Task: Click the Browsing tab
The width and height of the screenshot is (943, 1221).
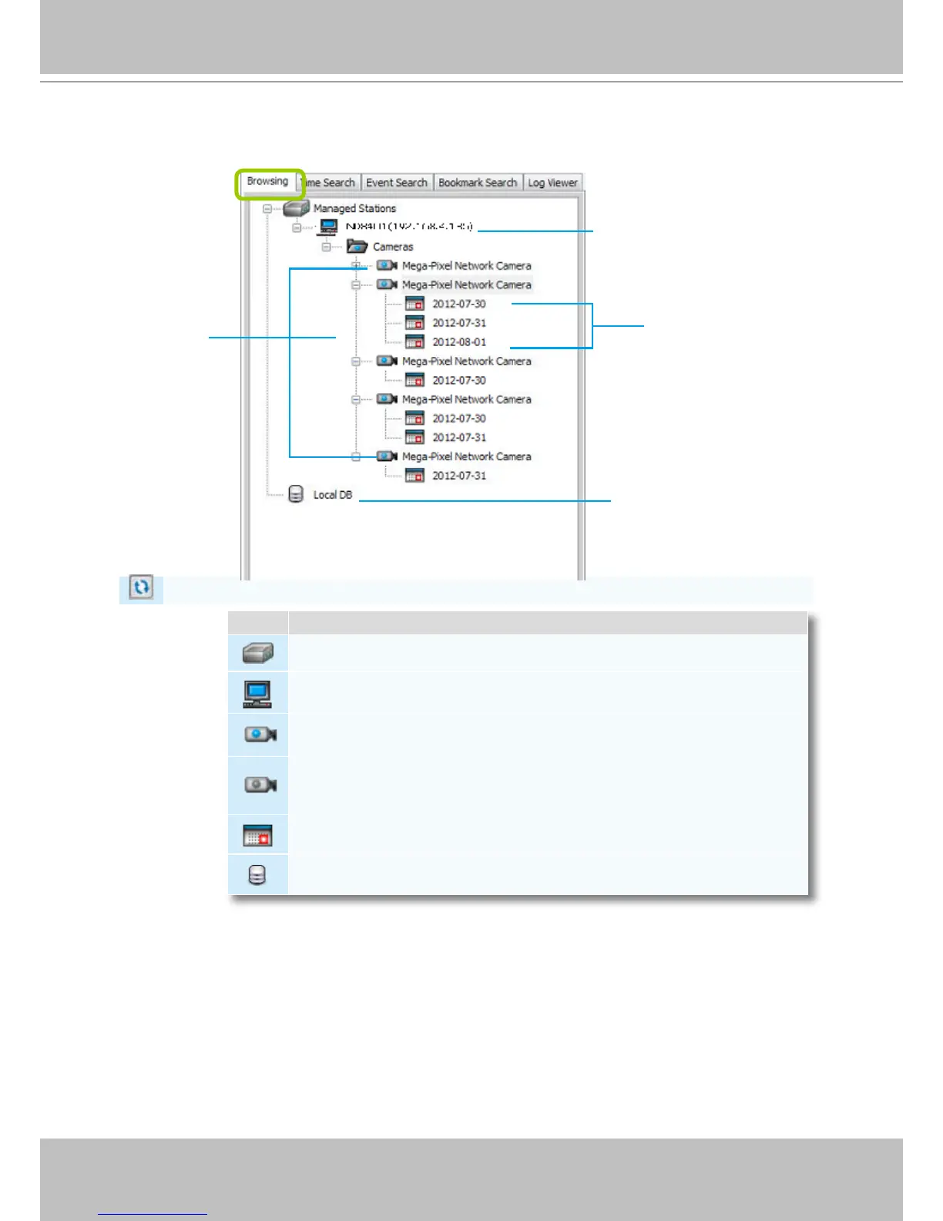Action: click(x=268, y=182)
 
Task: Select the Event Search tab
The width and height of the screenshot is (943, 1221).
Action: click(x=396, y=183)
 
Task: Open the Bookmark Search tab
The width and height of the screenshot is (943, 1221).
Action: click(x=478, y=183)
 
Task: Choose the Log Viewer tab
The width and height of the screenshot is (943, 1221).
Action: click(x=552, y=183)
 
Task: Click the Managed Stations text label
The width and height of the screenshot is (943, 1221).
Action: click(x=354, y=208)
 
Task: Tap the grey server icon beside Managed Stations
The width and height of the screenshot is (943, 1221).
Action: click(x=297, y=208)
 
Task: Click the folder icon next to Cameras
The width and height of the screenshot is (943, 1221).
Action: click(x=357, y=247)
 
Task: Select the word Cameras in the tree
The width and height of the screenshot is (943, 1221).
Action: click(x=393, y=247)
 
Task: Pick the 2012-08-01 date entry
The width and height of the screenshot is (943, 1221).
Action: click(x=459, y=342)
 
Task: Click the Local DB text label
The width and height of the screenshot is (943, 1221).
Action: click(x=333, y=495)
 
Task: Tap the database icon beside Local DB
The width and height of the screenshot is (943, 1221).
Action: click(x=296, y=495)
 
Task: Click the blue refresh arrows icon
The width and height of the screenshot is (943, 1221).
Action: click(x=141, y=587)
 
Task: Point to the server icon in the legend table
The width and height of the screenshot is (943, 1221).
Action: click(x=258, y=654)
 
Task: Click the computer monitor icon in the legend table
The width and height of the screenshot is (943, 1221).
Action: click(x=257, y=694)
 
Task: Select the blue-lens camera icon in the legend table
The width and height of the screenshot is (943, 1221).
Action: click(x=260, y=735)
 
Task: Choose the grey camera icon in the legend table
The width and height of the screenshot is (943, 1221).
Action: click(x=260, y=785)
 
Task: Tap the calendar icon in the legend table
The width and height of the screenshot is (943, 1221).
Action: click(x=258, y=836)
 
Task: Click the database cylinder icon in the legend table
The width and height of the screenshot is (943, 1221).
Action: click(x=257, y=875)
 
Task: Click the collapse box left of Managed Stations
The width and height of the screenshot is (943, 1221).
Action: click(x=267, y=209)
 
